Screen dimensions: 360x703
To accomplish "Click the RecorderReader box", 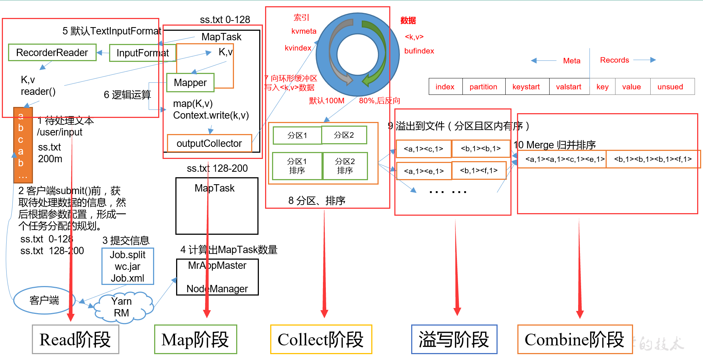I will tap(52, 53).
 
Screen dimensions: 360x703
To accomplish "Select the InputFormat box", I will tap(142, 53).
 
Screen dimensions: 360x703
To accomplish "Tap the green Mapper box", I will tap(190, 83).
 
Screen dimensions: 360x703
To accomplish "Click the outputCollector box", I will tap(209, 144).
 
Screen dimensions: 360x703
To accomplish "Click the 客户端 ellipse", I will tap(44, 301).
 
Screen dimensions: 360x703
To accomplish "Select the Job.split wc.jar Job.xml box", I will tap(127, 266).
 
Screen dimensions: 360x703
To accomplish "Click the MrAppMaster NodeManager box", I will tap(217, 277).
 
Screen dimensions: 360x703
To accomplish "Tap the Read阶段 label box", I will tap(75, 339).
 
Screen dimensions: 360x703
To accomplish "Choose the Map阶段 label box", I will tap(195, 339).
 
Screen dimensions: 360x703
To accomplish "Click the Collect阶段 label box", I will tap(321, 339).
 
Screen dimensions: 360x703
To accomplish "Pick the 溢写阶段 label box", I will tap(454, 339).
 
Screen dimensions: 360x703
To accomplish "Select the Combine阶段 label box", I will tap(574, 339).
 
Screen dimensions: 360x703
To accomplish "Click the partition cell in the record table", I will tap(483, 87).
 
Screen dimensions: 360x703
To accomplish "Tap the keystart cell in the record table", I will tap(526, 87).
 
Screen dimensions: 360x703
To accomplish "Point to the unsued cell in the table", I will tap(670, 87).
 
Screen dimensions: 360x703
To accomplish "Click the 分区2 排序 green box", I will tap(345, 166).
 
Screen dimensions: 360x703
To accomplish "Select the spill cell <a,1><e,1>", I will tap(424, 171).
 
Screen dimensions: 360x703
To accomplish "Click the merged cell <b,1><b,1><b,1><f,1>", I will tap(653, 159).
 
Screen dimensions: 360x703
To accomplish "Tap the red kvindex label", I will tap(298, 48).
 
